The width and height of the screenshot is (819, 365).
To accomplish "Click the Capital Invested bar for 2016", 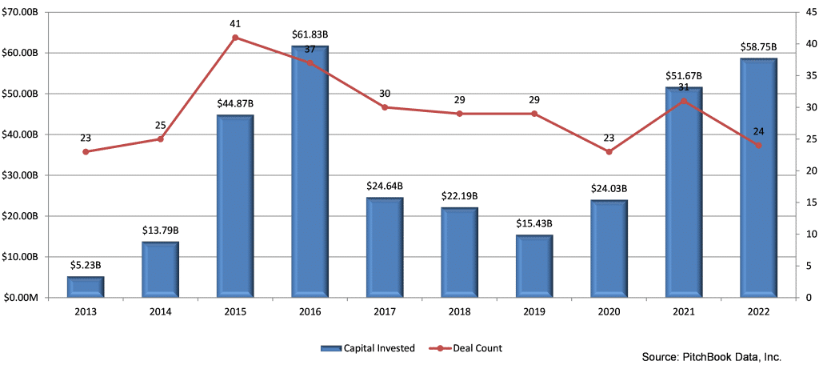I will point(310,171).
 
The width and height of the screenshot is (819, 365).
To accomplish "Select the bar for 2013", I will point(86,287).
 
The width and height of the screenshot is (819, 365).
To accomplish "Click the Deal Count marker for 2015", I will point(235,38).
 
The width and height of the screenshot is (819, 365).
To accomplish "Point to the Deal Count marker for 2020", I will point(609,151).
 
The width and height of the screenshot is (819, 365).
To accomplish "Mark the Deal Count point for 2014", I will point(160,139).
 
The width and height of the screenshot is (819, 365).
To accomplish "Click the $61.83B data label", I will point(310,36).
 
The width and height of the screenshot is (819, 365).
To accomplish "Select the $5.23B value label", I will point(86,264).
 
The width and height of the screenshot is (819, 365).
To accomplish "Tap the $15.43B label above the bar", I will point(533,223).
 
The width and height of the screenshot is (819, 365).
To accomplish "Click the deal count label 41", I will point(235,23).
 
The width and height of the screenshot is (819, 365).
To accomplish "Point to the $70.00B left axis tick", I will point(27,12).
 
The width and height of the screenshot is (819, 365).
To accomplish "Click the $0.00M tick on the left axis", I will point(29,298).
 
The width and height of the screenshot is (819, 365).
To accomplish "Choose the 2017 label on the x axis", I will point(385,313).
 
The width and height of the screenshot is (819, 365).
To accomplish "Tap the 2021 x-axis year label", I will point(684,313).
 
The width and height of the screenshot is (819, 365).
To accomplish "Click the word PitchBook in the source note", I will point(701,356).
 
